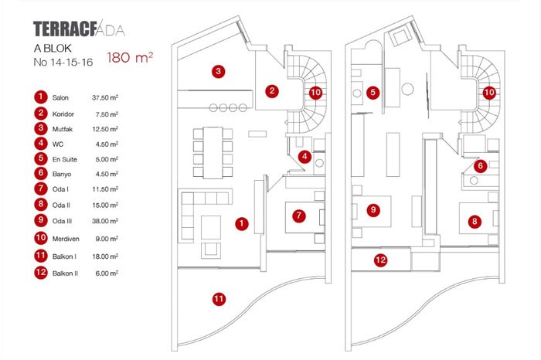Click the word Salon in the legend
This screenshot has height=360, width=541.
coord(60,99)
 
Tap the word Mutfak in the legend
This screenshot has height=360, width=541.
coord(62,128)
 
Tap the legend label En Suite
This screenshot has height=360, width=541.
coord(65,159)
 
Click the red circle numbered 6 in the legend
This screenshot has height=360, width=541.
coord(39,174)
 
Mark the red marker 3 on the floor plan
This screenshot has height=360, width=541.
coord(219,72)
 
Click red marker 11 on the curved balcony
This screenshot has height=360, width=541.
coord(219,298)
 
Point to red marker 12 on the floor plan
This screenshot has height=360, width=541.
coord(380,260)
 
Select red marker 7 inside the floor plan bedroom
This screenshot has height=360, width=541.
coord(298,216)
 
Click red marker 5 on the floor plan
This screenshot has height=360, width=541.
coord(373,92)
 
